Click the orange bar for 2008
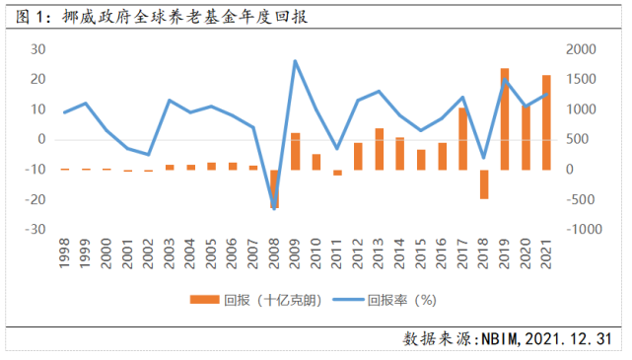[x=274, y=188]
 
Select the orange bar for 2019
[x=505, y=118]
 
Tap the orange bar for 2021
[x=546, y=122]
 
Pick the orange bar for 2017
[x=462, y=138]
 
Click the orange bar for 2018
[x=484, y=184]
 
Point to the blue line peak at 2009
[x=296, y=61]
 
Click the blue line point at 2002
[x=149, y=155]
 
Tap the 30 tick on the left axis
[x=39, y=49]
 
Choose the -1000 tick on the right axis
[x=581, y=229]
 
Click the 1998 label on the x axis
[x=64, y=252]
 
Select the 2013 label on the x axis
[x=380, y=252]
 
